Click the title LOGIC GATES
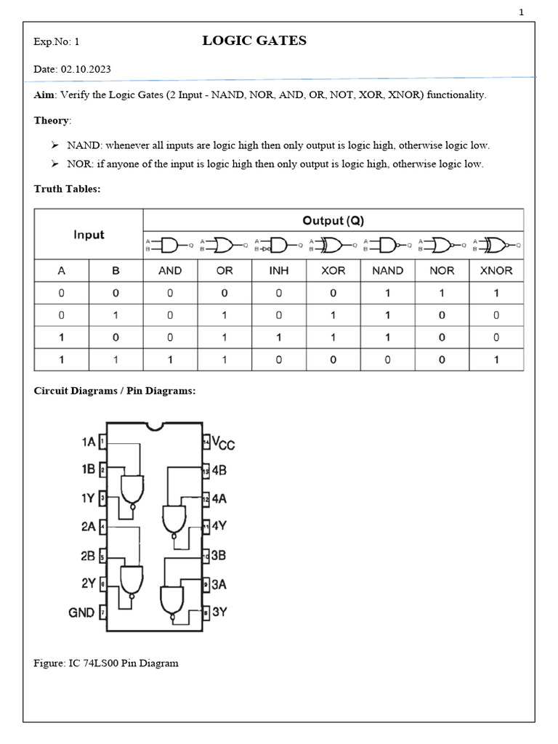coord(254,41)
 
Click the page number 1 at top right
coord(521,12)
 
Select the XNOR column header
coord(496,270)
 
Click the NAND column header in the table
coord(387,270)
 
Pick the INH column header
coord(279,270)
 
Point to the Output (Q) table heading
coord(333,220)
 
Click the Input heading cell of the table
coord(89,235)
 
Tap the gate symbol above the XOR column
coord(333,246)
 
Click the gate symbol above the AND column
coord(170,246)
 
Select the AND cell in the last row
coord(170,360)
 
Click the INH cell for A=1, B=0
coord(279,337)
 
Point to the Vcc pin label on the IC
coord(222,443)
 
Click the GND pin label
coord(81,612)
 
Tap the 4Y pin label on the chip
coord(219,526)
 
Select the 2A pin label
coord(88,526)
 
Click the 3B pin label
coord(219,555)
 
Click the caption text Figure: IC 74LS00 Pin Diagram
coord(106,663)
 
